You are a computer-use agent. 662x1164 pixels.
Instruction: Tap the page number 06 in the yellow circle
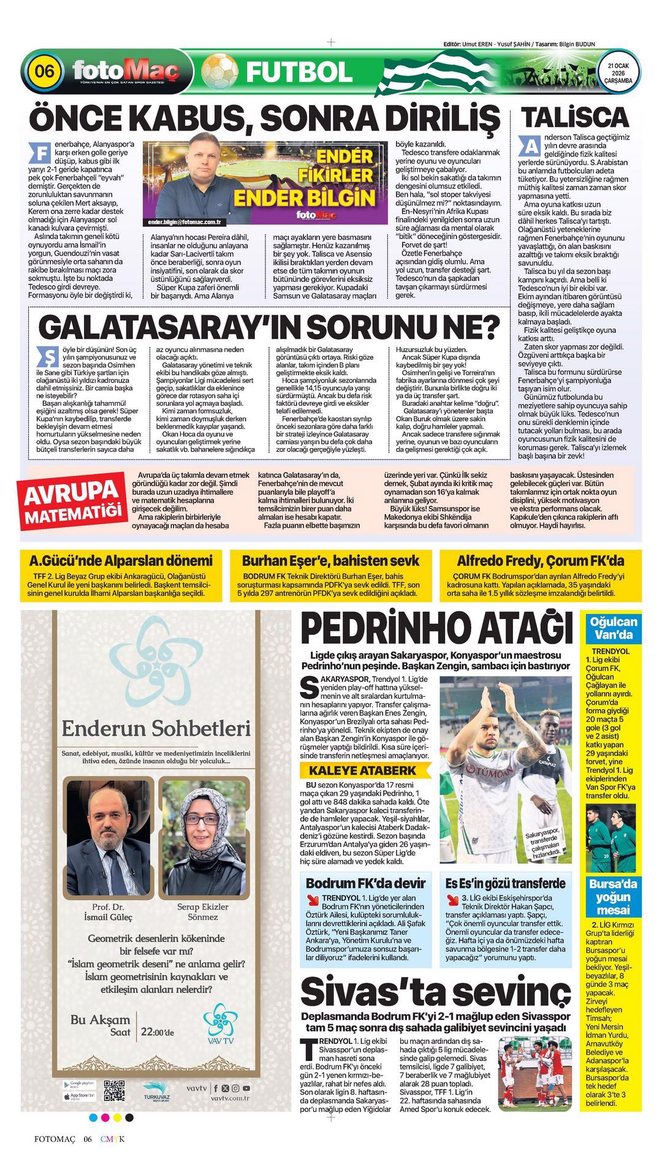tap(44, 71)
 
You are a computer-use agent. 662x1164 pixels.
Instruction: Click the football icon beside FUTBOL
tap(219, 71)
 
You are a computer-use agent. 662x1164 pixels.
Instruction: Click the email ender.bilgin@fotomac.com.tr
tap(185, 222)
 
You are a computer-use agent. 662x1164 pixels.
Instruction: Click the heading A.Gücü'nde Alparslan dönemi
tap(121, 560)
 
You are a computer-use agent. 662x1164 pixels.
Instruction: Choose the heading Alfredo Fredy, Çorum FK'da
tap(540, 560)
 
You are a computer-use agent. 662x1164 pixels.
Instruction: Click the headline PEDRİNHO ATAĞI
tap(437, 628)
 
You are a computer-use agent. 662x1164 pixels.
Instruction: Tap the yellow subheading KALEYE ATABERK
tap(362, 770)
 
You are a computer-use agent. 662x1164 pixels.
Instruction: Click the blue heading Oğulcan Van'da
tap(613, 628)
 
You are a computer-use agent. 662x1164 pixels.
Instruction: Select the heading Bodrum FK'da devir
tap(365, 883)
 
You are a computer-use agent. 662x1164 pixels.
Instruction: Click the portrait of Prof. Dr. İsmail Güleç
tap(108, 837)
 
